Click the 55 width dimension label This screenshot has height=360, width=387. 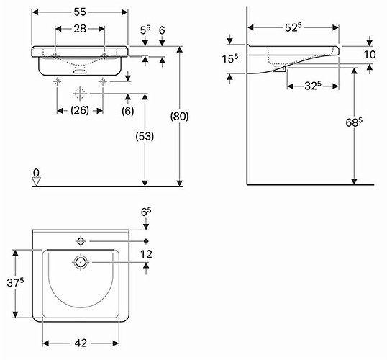point(80,12)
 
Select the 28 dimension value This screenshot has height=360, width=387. point(80,29)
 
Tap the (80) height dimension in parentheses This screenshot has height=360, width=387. point(180,116)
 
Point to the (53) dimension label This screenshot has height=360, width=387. point(145,136)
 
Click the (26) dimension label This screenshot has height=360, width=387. point(80,110)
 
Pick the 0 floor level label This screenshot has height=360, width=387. point(36,173)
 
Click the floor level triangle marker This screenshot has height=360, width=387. point(36,182)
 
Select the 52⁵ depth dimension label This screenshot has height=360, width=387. point(293,27)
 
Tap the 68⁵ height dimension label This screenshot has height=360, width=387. point(354,122)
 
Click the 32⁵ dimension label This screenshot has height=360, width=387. point(313,86)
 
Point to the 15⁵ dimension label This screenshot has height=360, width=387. point(229,58)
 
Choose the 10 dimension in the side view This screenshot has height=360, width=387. point(370,55)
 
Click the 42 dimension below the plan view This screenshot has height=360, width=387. point(81,343)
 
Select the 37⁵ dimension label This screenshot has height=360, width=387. point(15,282)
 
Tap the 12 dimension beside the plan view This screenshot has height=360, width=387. point(146,254)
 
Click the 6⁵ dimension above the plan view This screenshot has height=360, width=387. point(146,212)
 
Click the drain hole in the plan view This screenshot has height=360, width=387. point(81,262)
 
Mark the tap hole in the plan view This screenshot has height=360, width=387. point(81,241)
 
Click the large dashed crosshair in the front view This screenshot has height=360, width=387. point(80,94)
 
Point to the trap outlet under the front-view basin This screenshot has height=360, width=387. point(80,71)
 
